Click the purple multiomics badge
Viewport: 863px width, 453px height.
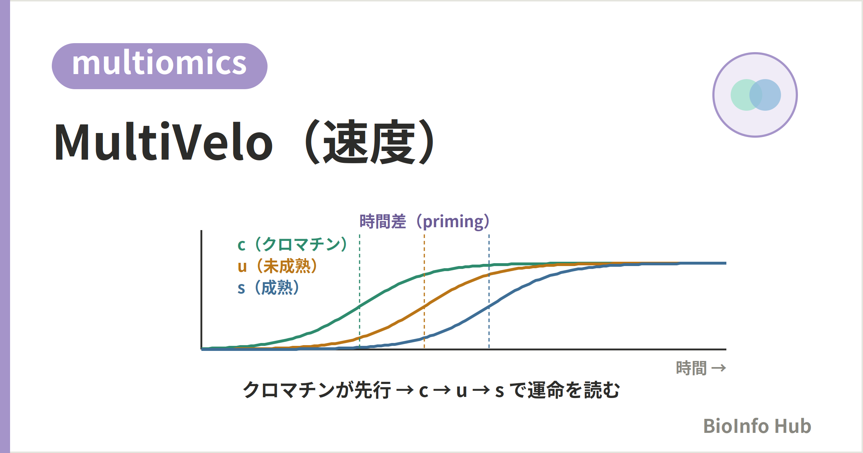click(x=160, y=66)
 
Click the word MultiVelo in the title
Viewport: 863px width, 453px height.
click(x=164, y=142)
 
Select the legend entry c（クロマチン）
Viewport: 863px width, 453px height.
click(x=292, y=244)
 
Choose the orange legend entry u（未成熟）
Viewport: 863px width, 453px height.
click(x=277, y=266)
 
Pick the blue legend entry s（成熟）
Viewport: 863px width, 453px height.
click(x=268, y=288)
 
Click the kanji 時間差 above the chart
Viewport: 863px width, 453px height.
click(x=383, y=221)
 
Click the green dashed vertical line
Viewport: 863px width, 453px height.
click(x=360, y=292)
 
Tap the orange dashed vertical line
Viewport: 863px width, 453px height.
click(x=424, y=292)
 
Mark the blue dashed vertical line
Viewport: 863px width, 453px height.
click(x=489, y=292)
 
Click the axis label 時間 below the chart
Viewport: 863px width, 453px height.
click(x=691, y=368)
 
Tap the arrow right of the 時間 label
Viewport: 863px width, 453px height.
click(x=719, y=368)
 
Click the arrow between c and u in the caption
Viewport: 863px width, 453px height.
click(x=442, y=390)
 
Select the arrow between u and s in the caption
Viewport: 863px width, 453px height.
click(x=481, y=390)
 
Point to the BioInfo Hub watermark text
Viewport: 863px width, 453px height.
click(x=757, y=426)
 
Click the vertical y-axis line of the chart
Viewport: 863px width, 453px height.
click(x=201, y=290)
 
